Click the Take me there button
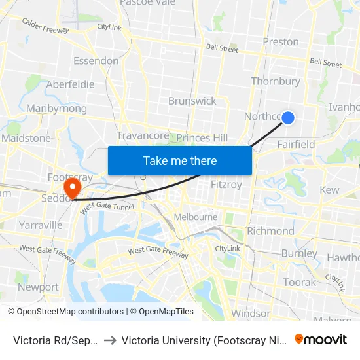click(180, 160)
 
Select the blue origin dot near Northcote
click(287, 117)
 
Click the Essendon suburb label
click(96, 61)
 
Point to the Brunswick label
click(192, 101)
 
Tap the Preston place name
click(280, 42)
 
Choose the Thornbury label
click(276, 82)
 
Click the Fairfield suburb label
click(296, 144)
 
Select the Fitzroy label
click(226, 185)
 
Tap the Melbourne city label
click(195, 217)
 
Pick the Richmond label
click(271, 231)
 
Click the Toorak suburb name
click(300, 282)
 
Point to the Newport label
click(38, 287)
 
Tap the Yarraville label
click(41, 225)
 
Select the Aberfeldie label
click(70, 84)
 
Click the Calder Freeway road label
click(46, 26)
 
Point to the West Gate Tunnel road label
click(107, 206)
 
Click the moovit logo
click(321, 339)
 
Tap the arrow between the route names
click(110, 340)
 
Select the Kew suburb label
click(329, 190)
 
